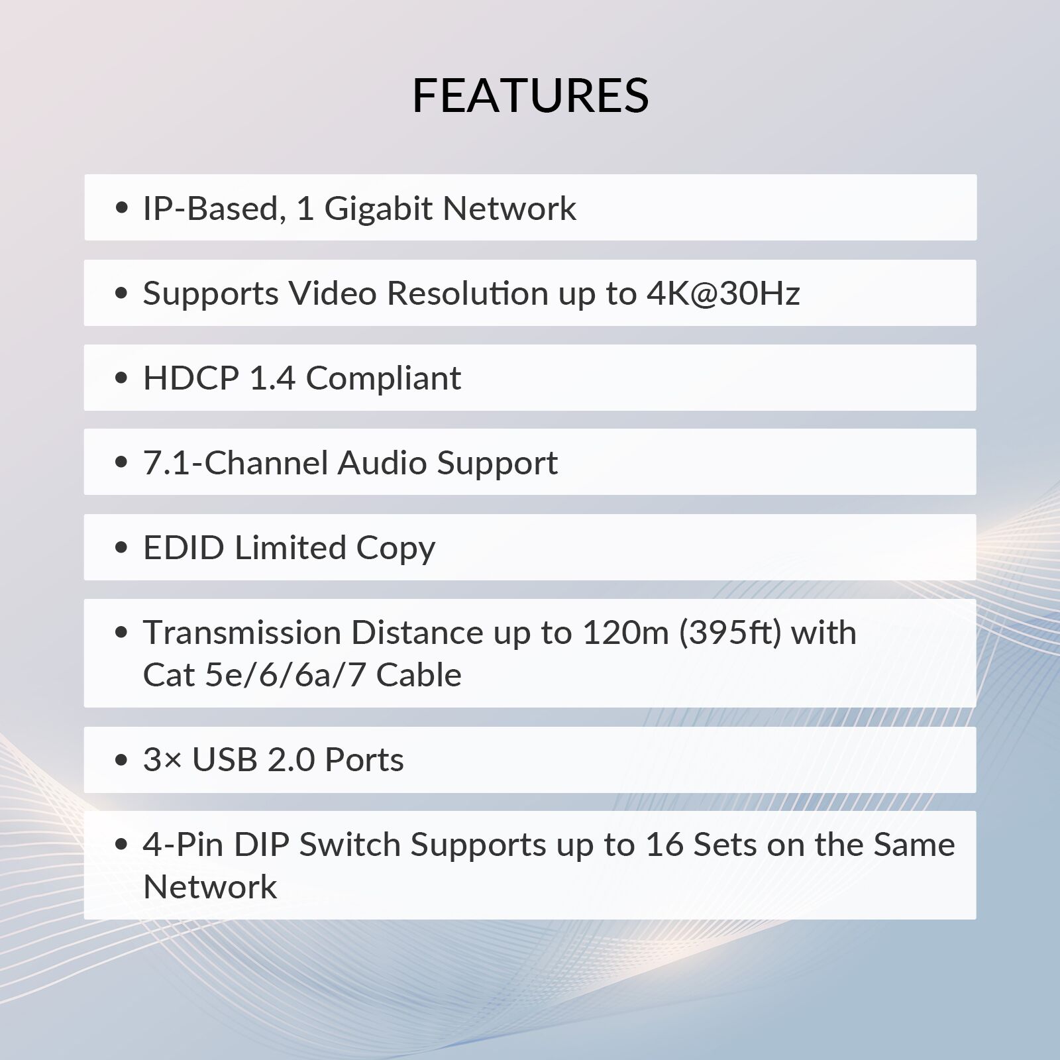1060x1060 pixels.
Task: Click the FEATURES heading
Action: tap(530, 95)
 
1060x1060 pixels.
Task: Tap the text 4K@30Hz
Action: tap(723, 293)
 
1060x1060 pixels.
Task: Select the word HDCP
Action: tap(191, 378)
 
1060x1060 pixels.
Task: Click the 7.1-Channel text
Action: tap(235, 463)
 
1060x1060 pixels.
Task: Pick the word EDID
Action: tap(184, 548)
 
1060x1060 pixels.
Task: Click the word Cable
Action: tap(419, 675)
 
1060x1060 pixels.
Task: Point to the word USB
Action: tap(225, 760)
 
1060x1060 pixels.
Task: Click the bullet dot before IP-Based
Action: tap(121, 209)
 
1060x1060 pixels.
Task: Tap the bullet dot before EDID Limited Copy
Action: tap(121, 548)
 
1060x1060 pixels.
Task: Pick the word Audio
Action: tap(382, 463)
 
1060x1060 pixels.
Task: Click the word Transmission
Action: tap(241, 633)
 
